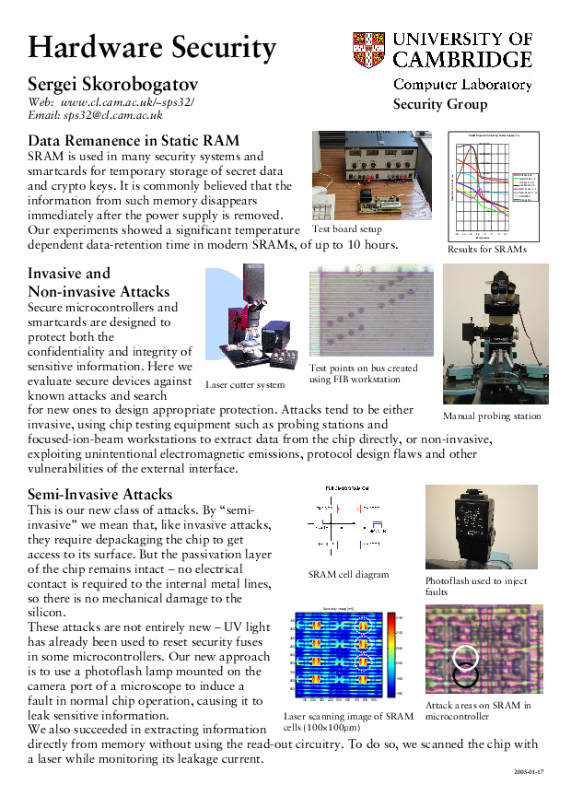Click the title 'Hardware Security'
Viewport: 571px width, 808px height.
click(x=152, y=47)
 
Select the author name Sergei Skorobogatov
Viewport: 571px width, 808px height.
click(x=121, y=84)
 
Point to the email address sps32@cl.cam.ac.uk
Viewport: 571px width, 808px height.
click(x=111, y=115)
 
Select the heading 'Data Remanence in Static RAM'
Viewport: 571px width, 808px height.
click(x=134, y=141)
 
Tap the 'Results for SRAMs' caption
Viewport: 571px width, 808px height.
click(x=486, y=249)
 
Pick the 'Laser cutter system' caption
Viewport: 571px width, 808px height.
click(x=245, y=384)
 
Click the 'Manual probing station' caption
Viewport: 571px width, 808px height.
click(x=492, y=416)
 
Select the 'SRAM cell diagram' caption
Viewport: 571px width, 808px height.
click(x=348, y=574)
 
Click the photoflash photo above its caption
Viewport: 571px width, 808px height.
click(x=481, y=527)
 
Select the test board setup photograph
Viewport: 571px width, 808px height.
click(x=358, y=175)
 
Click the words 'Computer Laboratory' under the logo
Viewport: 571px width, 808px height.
click(x=462, y=85)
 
